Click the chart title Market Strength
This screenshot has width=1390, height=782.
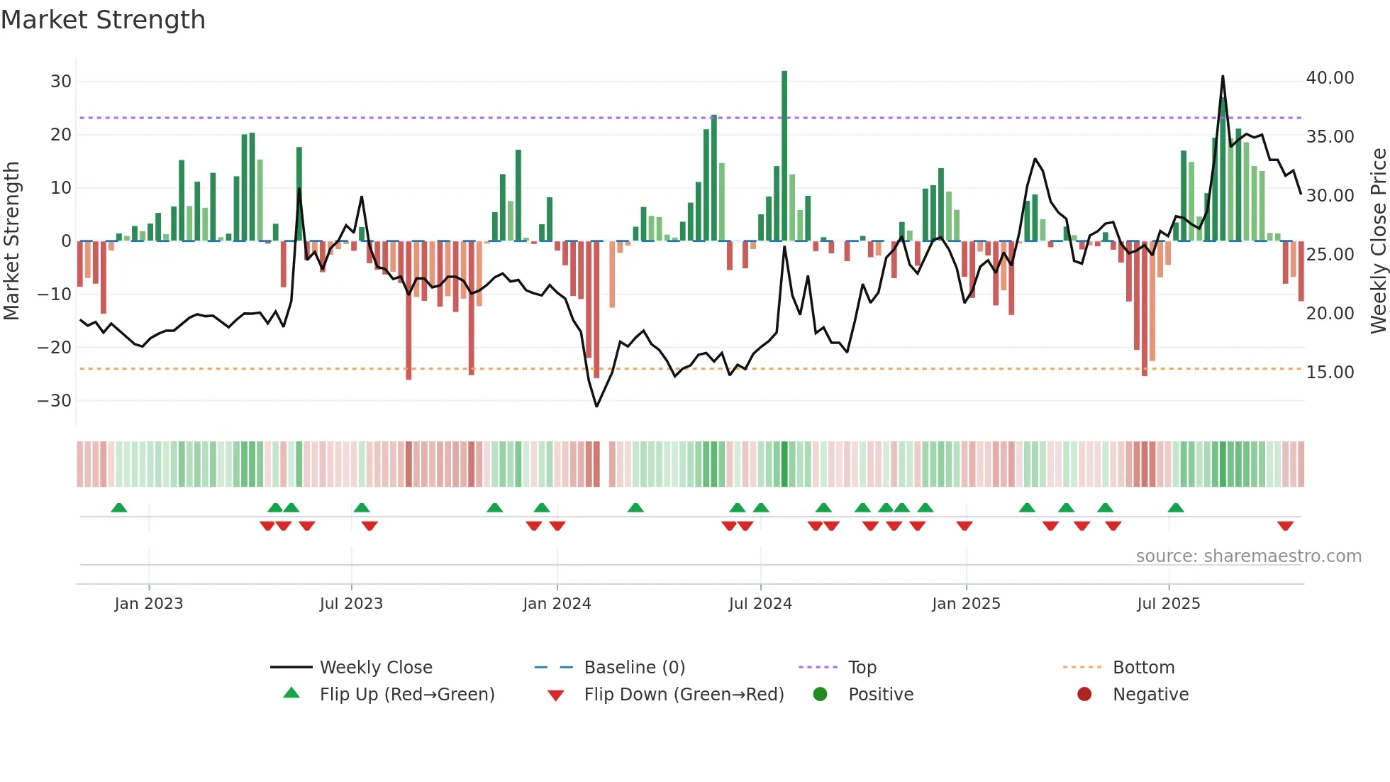tap(103, 20)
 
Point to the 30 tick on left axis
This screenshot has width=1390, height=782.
tap(61, 82)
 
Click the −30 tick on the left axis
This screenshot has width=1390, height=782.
tap(55, 401)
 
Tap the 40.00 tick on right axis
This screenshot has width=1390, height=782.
tap(1330, 78)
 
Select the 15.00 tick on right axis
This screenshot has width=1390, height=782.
tap(1330, 373)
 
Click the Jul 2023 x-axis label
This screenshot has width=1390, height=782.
tap(351, 604)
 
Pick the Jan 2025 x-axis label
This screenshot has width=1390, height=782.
tap(966, 604)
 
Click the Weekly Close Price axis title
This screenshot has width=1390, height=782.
tap(1378, 241)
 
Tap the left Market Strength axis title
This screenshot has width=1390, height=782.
tap(12, 241)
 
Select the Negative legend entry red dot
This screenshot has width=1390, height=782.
tap(1084, 695)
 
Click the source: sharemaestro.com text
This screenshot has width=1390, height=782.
tap(1248, 556)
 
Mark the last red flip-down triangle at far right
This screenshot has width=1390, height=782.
tap(1286, 526)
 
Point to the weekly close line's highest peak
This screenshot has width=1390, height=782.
tap(1223, 77)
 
